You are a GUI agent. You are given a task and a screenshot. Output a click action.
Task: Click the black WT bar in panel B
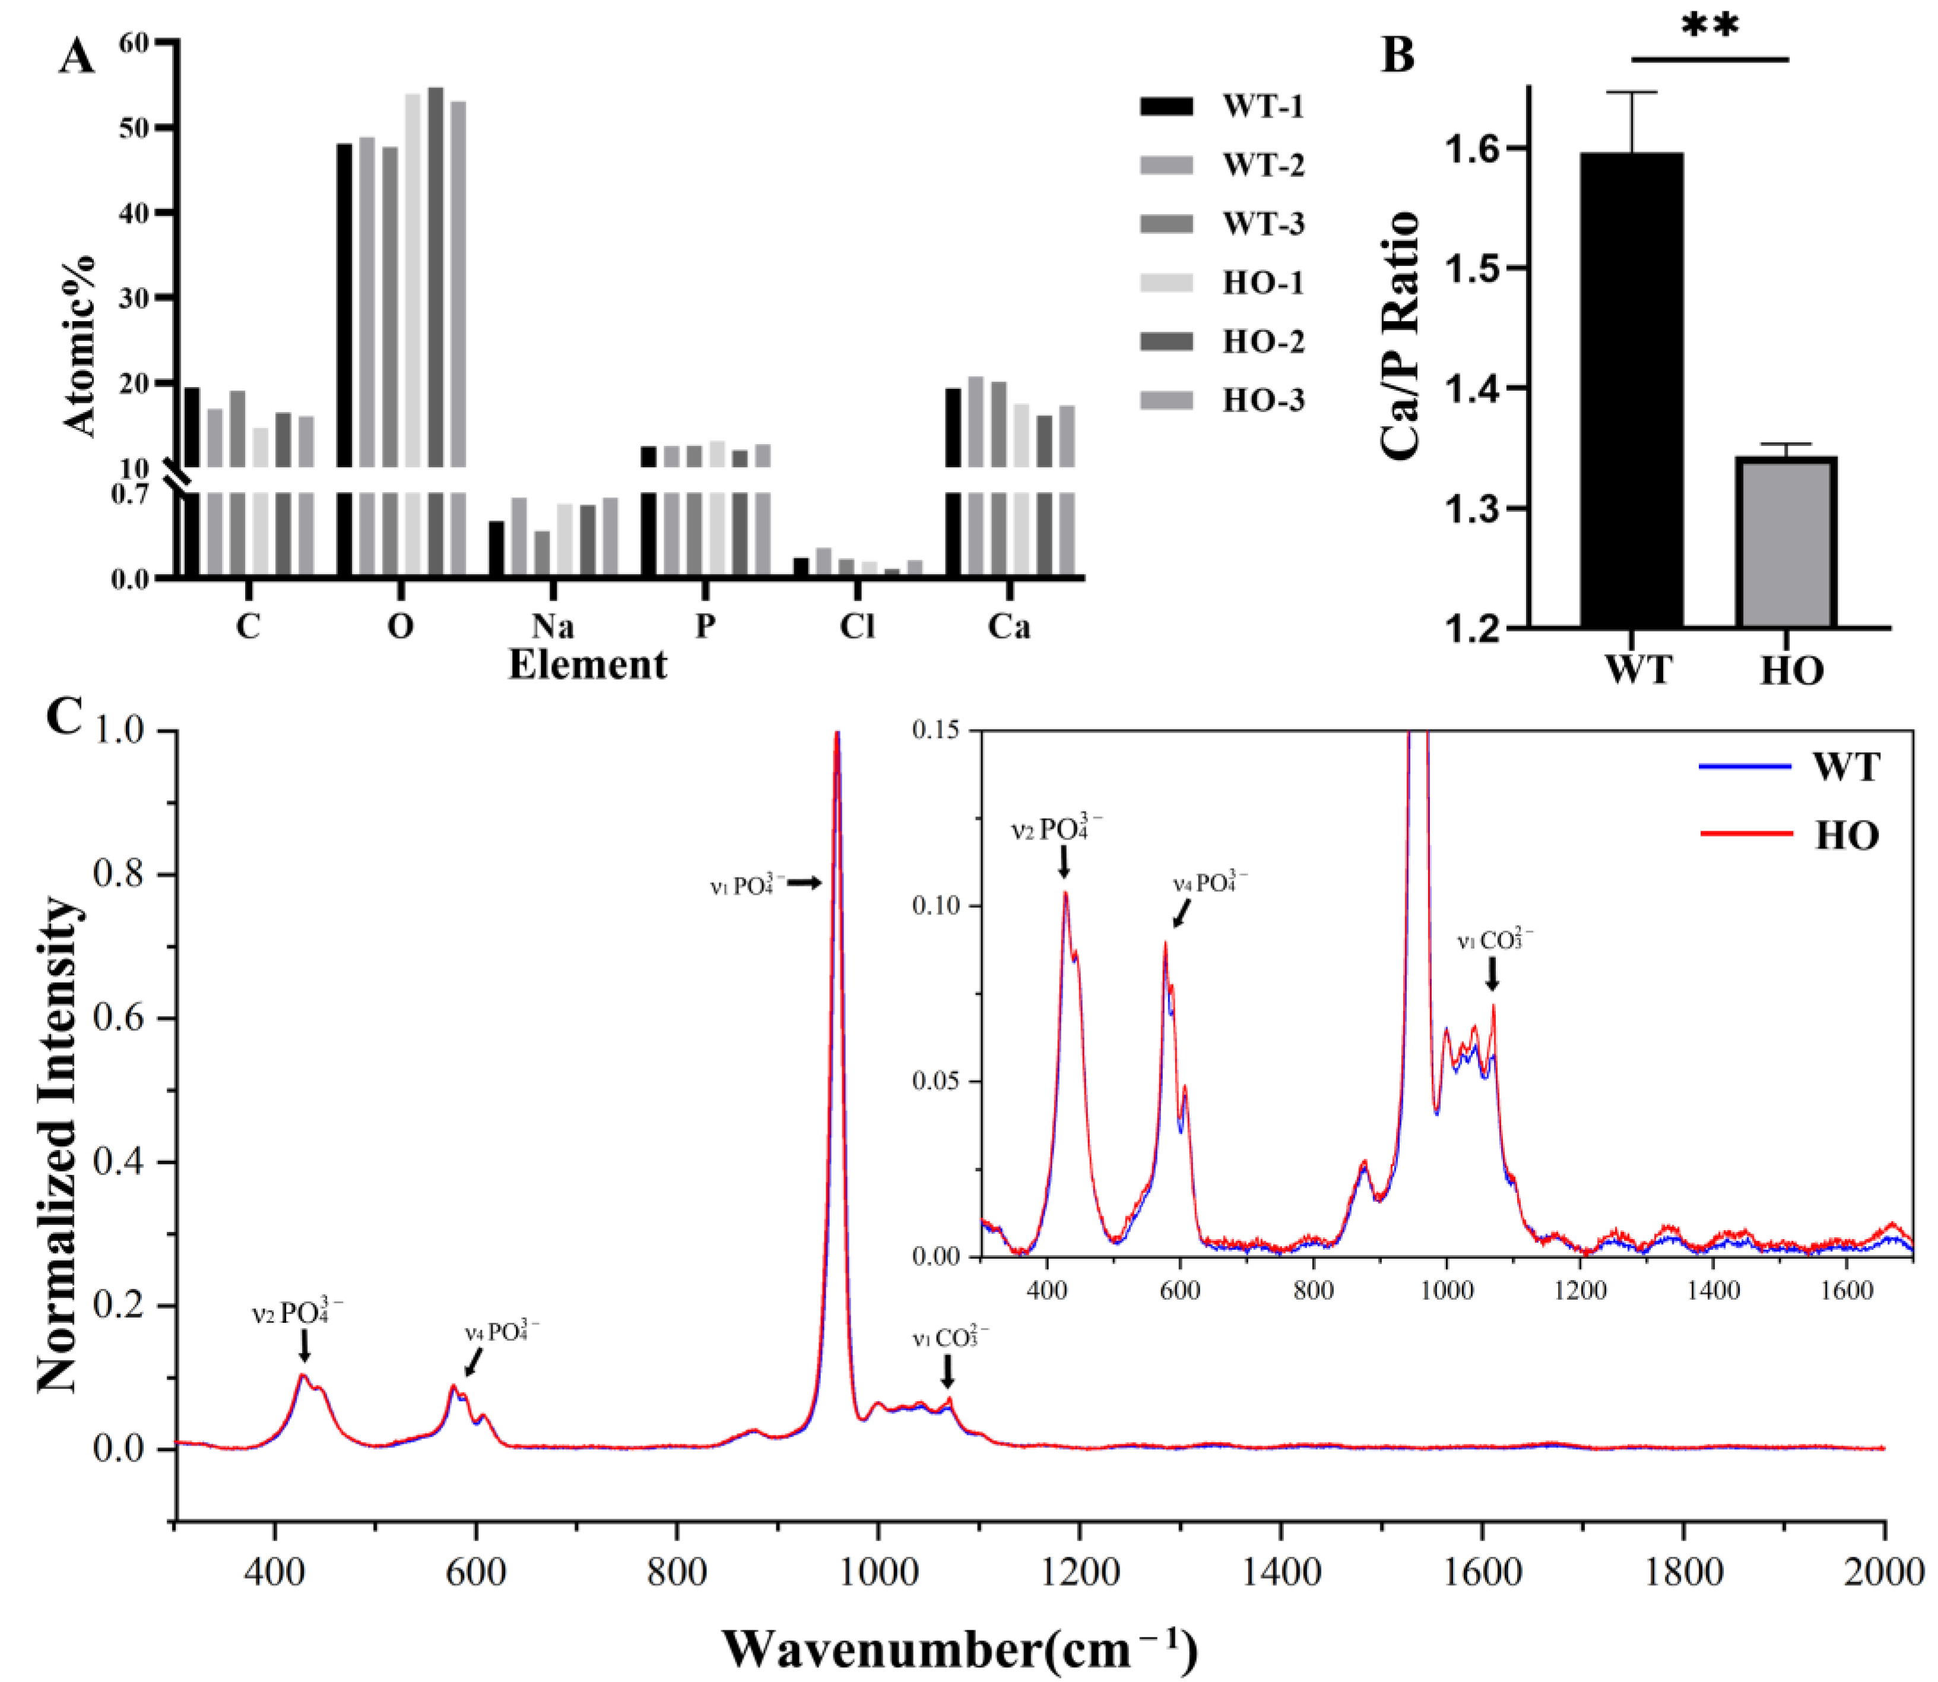pyautogui.click(x=1631, y=389)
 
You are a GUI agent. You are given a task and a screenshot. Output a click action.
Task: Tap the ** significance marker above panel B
pyautogui.click(x=1710, y=26)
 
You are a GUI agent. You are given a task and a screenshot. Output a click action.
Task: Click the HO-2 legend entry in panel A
pyautogui.click(x=1220, y=341)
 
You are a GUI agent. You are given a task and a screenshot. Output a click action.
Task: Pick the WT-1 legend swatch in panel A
pyautogui.click(x=1166, y=106)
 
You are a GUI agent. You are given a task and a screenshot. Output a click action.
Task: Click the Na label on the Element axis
pyautogui.click(x=552, y=626)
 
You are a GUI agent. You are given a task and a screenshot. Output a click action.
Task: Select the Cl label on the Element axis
pyautogui.click(x=857, y=626)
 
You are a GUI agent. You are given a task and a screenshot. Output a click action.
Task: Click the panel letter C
pyautogui.click(x=64, y=717)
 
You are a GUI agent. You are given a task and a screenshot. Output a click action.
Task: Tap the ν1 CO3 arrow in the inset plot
pyautogui.click(x=1491, y=977)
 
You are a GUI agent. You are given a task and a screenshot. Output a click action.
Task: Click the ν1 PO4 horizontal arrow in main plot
pyautogui.click(x=803, y=882)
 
